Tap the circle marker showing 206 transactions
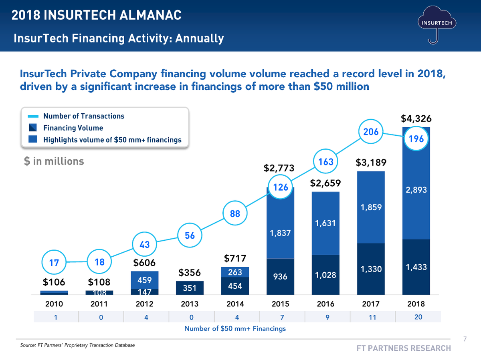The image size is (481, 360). (x=371, y=131)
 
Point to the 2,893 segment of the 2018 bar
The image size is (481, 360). (x=416, y=191)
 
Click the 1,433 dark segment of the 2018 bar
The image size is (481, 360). (x=416, y=267)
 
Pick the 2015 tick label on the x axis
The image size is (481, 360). (x=280, y=304)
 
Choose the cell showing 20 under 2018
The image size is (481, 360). (x=418, y=317)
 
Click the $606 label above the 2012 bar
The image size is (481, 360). (x=144, y=263)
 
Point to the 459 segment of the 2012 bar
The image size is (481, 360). (x=144, y=280)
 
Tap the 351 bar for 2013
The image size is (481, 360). (x=190, y=288)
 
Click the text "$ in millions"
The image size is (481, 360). (x=54, y=161)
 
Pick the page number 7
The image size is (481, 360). (x=465, y=339)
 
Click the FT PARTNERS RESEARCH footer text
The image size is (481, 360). (x=404, y=348)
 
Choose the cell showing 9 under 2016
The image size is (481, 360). (x=327, y=317)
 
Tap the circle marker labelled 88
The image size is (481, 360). (x=235, y=214)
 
